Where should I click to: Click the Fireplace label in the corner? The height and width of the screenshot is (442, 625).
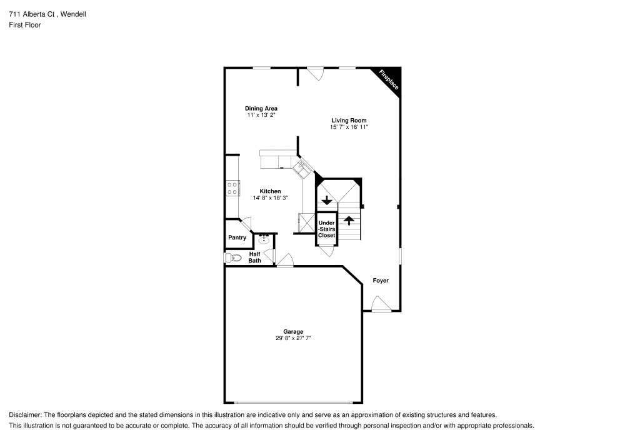[389, 81]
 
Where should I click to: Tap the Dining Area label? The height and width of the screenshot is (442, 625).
[261, 108]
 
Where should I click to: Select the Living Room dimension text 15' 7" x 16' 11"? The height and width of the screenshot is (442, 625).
[349, 127]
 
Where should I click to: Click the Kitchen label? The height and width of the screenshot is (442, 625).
[270, 191]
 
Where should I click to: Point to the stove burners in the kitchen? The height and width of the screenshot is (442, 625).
[232, 188]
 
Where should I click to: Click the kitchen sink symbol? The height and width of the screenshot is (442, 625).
[302, 166]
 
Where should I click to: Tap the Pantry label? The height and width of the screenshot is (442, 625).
[237, 238]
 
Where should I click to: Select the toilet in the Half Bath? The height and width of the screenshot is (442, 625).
[234, 257]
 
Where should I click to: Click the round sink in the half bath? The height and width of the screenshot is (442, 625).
[264, 239]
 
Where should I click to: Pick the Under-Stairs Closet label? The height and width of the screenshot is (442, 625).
[326, 229]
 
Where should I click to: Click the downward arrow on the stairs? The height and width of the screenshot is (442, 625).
[326, 201]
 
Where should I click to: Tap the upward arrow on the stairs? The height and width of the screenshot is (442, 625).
[349, 220]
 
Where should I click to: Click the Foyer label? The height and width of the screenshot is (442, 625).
[381, 281]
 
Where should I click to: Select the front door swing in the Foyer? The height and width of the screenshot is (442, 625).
[380, 304]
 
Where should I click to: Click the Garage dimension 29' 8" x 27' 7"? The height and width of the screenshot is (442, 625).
[293, 338]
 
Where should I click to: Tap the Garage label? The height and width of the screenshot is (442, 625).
[293, 332]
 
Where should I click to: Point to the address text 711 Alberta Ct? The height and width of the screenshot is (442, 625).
[30, 14]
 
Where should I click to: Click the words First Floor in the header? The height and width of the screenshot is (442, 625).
[24, 25]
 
